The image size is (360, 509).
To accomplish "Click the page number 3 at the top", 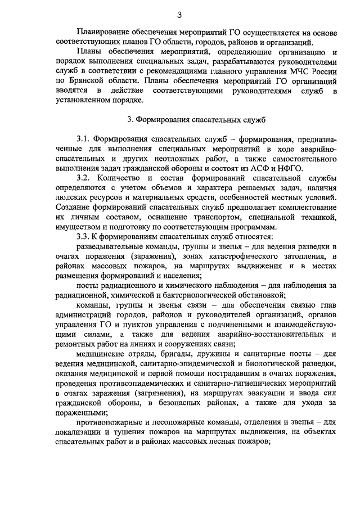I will tap(179, 15).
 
